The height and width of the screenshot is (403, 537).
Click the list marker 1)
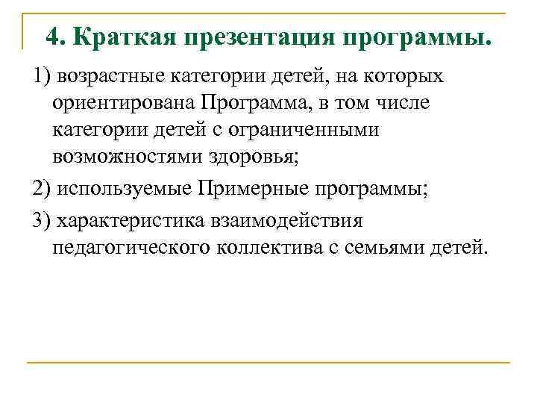coord(42,76)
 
